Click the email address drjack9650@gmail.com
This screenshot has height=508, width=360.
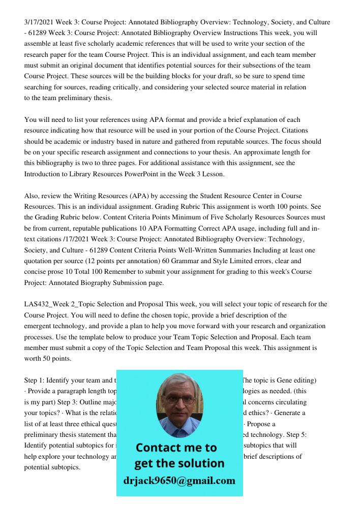click(179, 481)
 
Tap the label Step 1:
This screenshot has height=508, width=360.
click(38, 380)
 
